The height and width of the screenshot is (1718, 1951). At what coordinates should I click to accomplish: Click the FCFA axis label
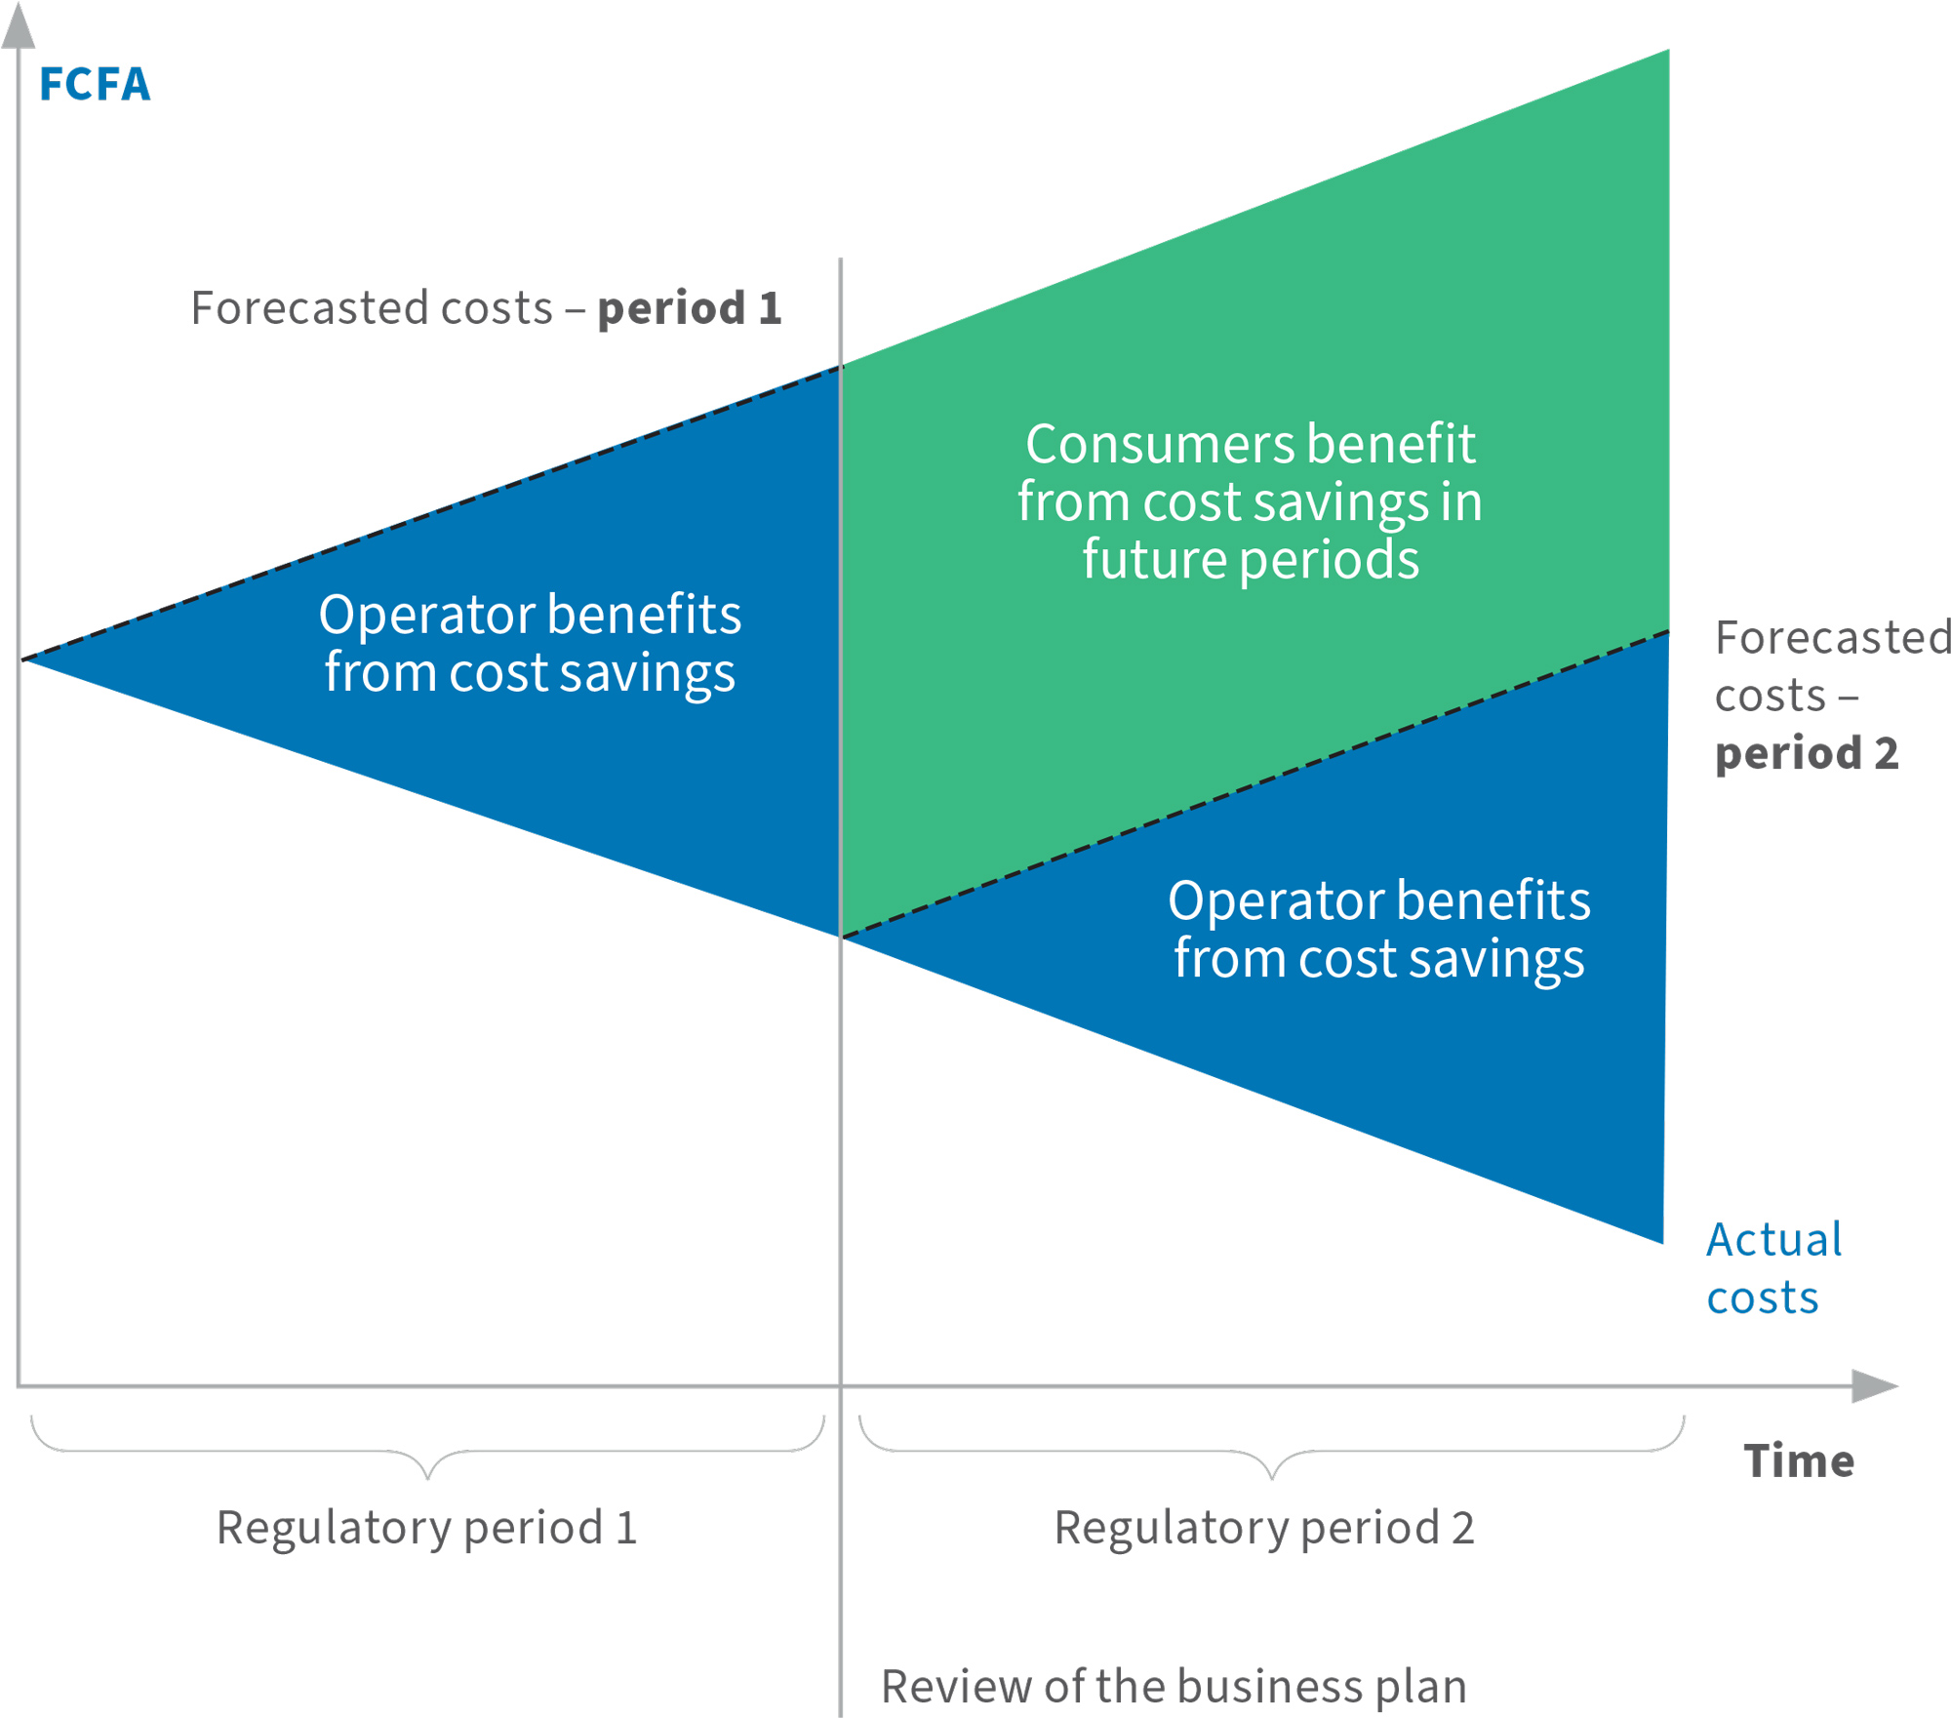click(95, 85)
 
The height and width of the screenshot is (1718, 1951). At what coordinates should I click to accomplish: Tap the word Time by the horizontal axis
click(1798, 1461)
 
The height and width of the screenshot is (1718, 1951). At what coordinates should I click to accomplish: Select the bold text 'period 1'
click(690, 309)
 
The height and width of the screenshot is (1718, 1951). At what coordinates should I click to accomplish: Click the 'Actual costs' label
click(1772, 1268)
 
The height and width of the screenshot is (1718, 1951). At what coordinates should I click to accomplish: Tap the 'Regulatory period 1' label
click(427, 1528)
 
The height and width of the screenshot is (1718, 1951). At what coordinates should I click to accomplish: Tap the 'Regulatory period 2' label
click(1264, 1528)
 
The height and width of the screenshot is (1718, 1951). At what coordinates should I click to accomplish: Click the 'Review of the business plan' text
click(1174, 1687)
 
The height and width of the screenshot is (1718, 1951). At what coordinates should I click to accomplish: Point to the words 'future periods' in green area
click(1251, 560)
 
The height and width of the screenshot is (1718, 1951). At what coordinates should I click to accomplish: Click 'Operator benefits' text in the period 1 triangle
click(530, 616)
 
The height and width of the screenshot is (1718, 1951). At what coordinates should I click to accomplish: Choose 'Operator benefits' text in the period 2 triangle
click(1378, 900)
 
